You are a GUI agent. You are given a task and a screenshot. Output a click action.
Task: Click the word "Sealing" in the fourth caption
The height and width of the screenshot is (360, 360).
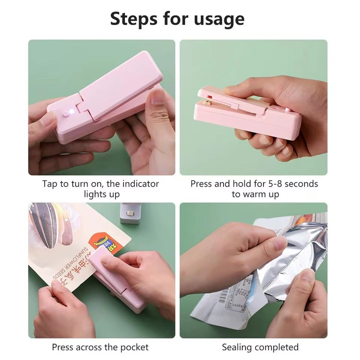(238, 347)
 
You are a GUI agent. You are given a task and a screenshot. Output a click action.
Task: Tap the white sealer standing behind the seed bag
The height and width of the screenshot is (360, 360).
(130, 213)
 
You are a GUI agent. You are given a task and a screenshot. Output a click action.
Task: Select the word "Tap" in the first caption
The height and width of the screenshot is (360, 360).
(50, 184)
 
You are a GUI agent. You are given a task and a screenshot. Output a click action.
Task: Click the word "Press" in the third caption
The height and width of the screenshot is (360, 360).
(62, 347)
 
